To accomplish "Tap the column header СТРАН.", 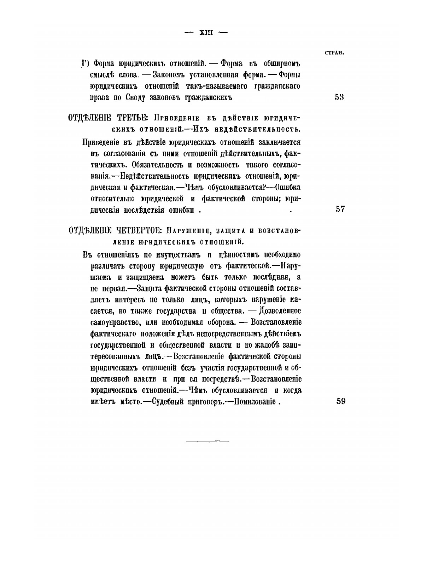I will pyautogui.click(x=334, y=53).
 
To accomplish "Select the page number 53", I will pyautogui.click(x=339, y=97).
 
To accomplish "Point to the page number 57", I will pyautogui.click(x=340, y=209).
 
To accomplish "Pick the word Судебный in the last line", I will pyautogui.click(x=162, y=401).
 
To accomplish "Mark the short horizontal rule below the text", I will pyautogui.click(x=207, y=441).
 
